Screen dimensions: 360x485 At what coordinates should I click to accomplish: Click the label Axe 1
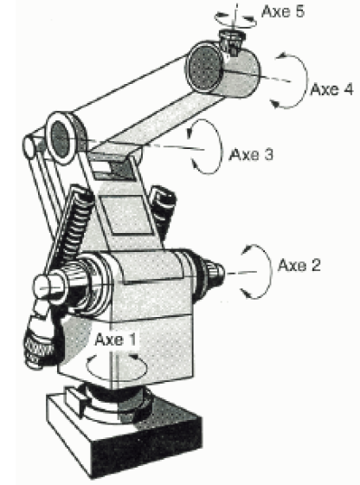pos(115,339)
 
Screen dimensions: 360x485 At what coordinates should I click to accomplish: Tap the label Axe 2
pos(299,265)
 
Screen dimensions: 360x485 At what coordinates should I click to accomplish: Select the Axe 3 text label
pos(251,154)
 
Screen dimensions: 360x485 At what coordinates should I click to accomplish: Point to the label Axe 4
pos(332,89)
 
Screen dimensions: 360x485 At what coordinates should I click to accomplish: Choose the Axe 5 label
pos(283,12)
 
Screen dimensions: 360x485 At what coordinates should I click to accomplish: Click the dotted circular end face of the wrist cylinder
pos(203,69)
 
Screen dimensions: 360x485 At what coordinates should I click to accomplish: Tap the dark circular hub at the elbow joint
pos(60,139)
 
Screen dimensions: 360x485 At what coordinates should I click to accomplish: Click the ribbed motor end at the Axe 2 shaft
pos(209,272)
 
